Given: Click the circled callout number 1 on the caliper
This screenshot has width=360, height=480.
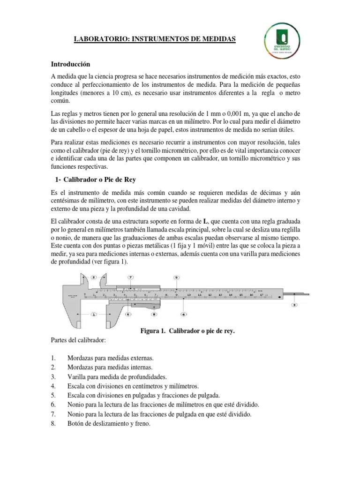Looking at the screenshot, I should [93, 315].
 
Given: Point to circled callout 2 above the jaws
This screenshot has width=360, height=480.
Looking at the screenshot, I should [93, 277].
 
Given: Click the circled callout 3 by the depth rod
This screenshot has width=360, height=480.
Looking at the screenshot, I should [294, 305].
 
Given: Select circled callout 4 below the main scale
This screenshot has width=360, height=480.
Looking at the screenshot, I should [184, 315].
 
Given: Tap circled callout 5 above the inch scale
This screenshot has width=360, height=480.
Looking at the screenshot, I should [176, 277].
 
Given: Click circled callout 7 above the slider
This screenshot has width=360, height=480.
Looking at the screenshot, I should [130, 277].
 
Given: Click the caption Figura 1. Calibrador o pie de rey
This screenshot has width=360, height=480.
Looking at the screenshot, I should [187, 331].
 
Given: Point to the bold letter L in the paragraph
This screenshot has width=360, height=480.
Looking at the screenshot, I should [204, 221].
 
